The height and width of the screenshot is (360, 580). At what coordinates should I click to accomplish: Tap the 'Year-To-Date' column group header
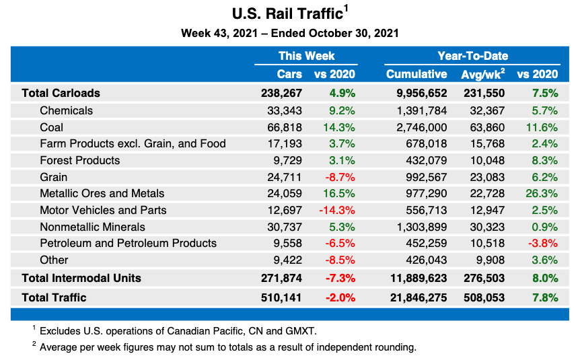click(472, 56)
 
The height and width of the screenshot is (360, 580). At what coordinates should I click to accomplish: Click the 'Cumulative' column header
click(416, 74)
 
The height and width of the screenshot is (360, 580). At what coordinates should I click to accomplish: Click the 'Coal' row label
click(51, 127)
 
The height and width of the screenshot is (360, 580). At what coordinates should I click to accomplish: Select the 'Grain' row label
click(53, 177)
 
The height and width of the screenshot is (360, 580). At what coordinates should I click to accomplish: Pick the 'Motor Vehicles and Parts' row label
click(103, 210)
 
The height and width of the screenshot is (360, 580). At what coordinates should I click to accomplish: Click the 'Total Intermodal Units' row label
click(81, 277)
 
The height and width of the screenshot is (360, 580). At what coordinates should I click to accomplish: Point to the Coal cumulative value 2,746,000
click(422, 127)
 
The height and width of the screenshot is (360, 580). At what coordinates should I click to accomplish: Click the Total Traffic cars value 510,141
click(281, 297)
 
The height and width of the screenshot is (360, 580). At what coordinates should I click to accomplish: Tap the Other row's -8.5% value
click(339, 260)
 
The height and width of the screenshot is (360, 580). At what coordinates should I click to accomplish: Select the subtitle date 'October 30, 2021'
click(354, 33)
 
